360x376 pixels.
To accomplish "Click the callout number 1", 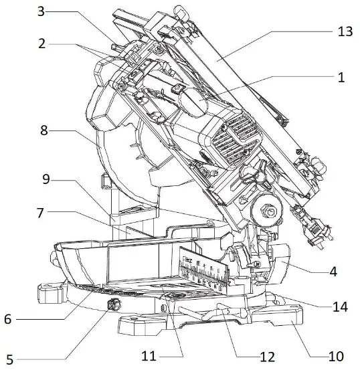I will coord(341,77).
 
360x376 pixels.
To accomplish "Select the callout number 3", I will coord(41,11).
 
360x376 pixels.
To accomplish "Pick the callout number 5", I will coord(10,359).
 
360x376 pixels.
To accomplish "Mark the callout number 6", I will coord(7,319).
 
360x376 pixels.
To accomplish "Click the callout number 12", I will coord(267,358).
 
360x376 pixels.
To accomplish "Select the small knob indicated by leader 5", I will coord(112,306).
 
